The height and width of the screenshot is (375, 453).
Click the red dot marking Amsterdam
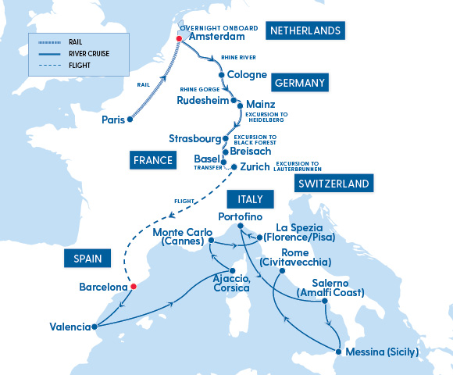[179, 37]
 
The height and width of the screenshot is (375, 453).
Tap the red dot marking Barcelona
[133, 287]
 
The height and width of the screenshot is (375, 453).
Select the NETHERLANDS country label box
[305, 31]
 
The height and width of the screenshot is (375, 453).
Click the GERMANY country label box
[300, 82]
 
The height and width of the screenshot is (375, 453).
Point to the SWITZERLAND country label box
[333, 184]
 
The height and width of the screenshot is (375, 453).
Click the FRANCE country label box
[152, 160]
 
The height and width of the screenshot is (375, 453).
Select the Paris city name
[113, 120]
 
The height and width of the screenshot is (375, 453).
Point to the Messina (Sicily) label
[382, 352]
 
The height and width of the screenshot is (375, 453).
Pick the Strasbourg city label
[195, 139]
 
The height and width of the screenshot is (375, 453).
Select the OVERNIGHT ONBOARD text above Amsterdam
[215, 26]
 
